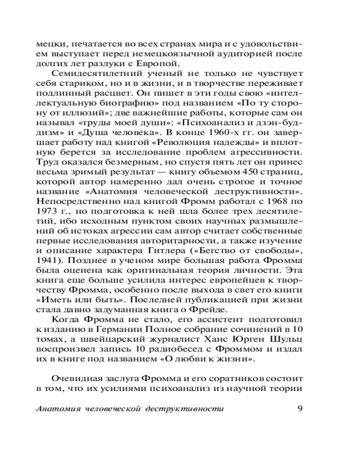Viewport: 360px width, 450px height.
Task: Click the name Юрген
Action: (x=243, y=340)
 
